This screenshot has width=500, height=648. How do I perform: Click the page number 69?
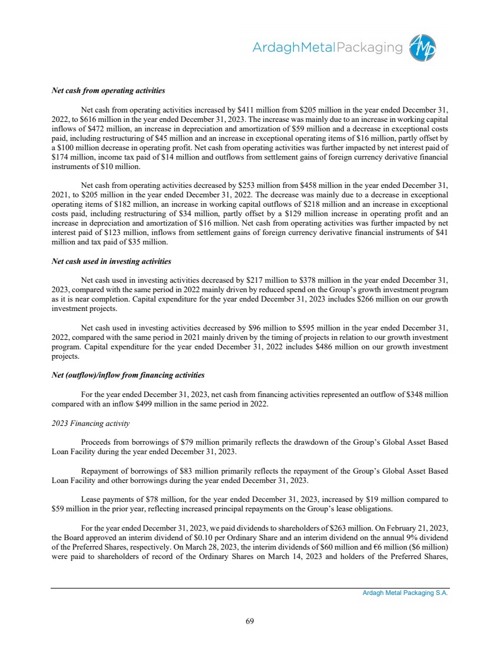[x=250, y=620]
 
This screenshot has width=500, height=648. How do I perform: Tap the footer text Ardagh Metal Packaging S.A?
[x=405, y=594]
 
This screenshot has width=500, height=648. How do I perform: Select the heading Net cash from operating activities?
[x=108, y=91]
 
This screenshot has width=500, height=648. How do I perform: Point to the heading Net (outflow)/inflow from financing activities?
[x=128, y=375]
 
